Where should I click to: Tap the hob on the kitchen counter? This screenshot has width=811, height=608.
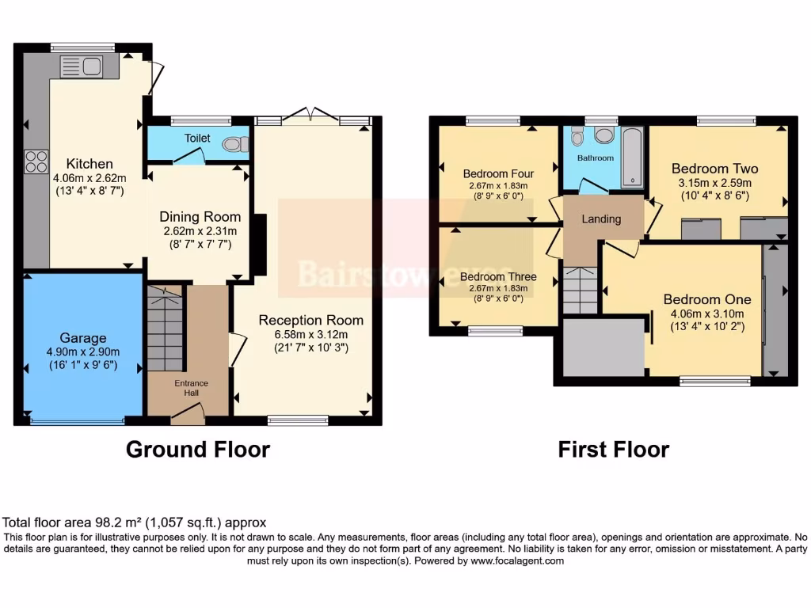tap(36, 161)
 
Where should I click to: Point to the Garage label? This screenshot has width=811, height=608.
tap(83, 338)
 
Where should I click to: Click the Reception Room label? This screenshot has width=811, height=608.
tap(311, 320)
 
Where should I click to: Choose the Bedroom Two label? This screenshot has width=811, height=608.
tap(714, 168)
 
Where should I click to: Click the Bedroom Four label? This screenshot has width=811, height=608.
tap(498, 173)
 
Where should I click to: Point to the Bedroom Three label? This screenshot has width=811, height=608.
tap(498, 277)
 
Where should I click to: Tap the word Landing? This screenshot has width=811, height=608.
tap(602, 218)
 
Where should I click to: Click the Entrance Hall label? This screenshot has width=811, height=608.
tap(191, 387)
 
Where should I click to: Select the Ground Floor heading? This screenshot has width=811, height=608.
tap(198, 450)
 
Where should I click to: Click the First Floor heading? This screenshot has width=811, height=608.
tap(613, 450)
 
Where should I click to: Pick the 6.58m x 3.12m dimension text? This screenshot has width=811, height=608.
tap(311, 334)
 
